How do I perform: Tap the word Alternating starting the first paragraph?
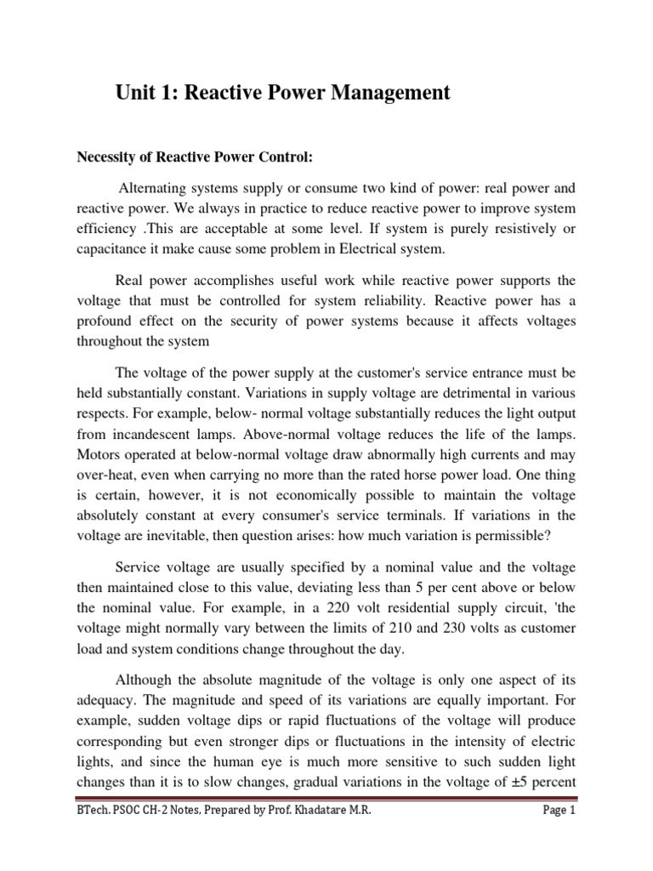click(157, 187)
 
